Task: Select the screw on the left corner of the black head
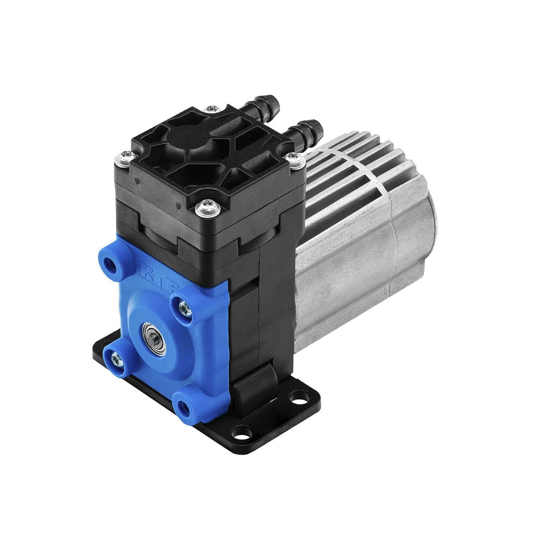[122, 157]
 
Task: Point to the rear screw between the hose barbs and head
[211, 109]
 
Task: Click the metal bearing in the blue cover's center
[150, 330]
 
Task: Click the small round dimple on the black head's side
[136, 181]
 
